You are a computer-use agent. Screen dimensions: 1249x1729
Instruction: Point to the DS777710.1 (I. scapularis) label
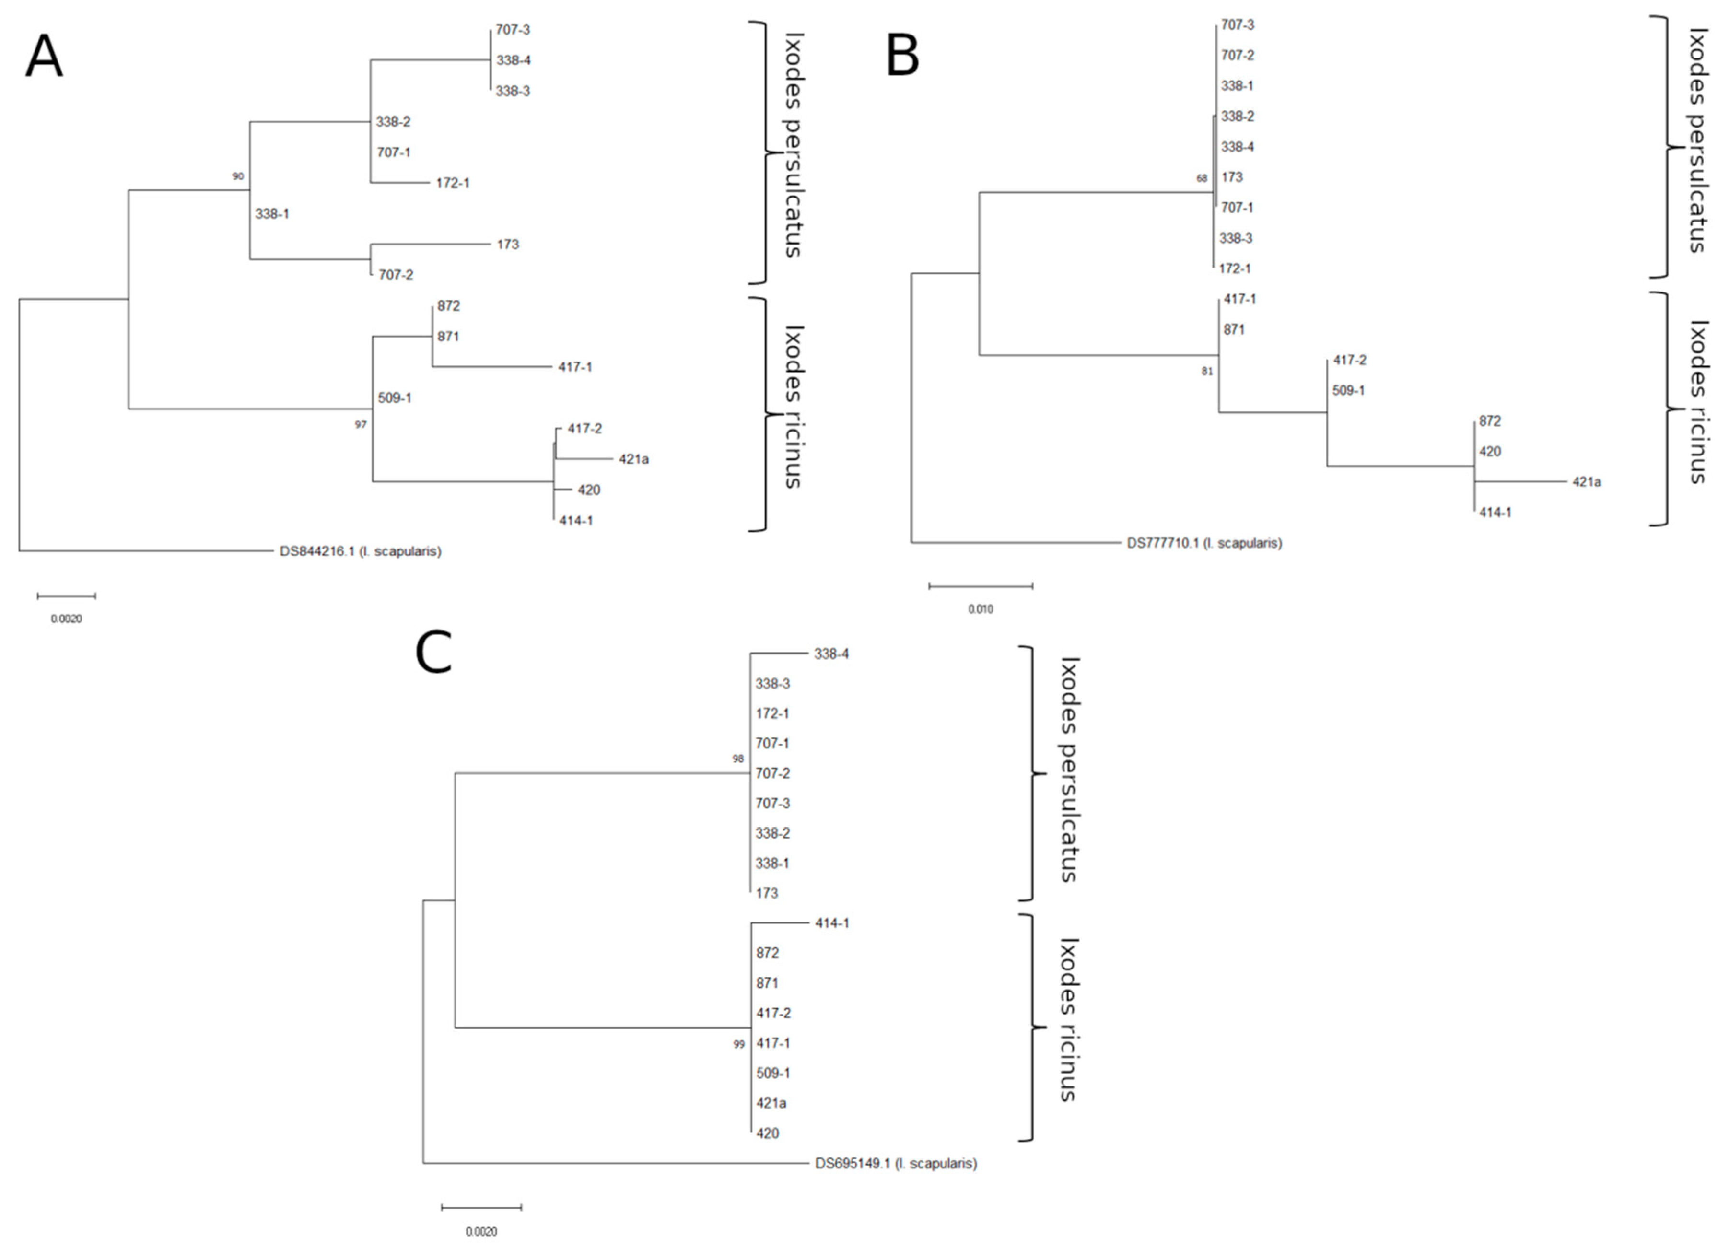[x=1204, y=543]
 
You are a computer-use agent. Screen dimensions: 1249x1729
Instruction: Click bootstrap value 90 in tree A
[x=238, y=176]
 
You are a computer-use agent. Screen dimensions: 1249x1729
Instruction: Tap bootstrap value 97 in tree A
[x=361, y=424]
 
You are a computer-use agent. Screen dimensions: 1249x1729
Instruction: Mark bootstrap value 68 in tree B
[x=1202, y=178]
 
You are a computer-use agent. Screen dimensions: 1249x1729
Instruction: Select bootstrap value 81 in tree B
[x=1207, y=372]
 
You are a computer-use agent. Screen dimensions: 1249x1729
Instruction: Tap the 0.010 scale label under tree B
[x=981, y=609]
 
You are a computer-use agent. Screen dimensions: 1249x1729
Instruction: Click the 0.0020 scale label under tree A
[x=66, y=619]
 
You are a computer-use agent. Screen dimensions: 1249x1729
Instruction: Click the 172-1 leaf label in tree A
[x=452, y=183]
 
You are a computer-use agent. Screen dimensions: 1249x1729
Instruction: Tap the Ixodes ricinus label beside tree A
[x=793, y=407]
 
